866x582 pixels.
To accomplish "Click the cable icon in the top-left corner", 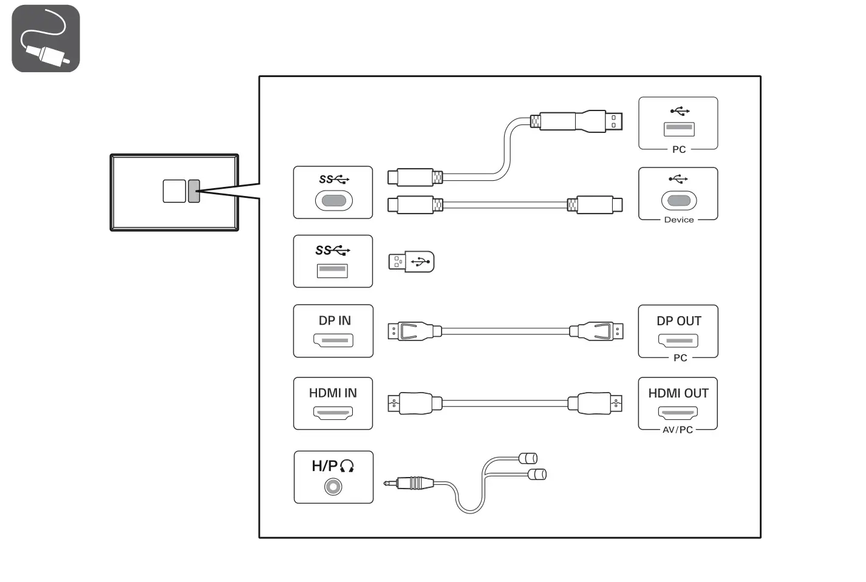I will tap(46, 38).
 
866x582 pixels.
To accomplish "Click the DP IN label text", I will tap(334, 320).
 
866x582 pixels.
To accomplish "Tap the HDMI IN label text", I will tap(333, 393).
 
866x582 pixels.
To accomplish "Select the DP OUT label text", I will tap(678, 321).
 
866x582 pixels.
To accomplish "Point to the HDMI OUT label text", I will tap(678, 393).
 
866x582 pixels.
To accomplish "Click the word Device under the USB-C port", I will tap(678, 220).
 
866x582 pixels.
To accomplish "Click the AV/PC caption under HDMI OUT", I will tap(677, 430).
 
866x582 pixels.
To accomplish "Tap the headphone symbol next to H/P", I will tap(347, 466).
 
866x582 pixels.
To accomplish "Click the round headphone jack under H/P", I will tap(333, 487).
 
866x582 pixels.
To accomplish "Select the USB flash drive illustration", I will tap(412, 262).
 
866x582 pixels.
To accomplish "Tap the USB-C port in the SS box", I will tap(333, 200).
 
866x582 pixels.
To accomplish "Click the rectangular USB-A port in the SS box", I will tap(332, 270).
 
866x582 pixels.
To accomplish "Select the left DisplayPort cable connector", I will tap(414, 331).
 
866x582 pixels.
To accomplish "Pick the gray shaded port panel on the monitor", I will tap(194, 191).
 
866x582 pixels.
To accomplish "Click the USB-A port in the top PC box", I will tap(678, 129).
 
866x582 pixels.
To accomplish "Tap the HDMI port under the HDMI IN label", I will tap(333, 413).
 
